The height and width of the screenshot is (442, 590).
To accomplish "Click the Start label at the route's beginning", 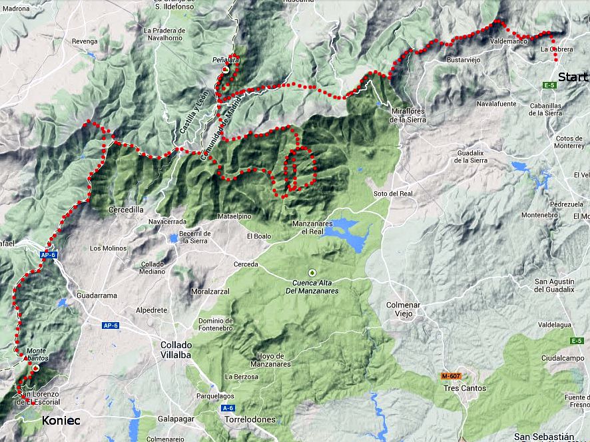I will [573, 77].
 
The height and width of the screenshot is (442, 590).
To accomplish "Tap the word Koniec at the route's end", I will [61, 420].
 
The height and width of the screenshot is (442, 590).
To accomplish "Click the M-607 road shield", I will [451, 376].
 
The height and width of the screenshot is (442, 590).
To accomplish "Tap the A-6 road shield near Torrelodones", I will [228, 407].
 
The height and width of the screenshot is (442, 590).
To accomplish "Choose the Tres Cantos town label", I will [464, 388].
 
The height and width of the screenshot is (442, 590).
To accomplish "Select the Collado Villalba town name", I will [176, 349].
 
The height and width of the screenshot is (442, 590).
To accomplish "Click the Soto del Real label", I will [393, 194].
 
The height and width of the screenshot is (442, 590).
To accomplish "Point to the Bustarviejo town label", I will [463, 60].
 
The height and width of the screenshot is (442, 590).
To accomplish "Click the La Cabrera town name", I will [554, 49].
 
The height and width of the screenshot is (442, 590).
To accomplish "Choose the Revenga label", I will [85, 41].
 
